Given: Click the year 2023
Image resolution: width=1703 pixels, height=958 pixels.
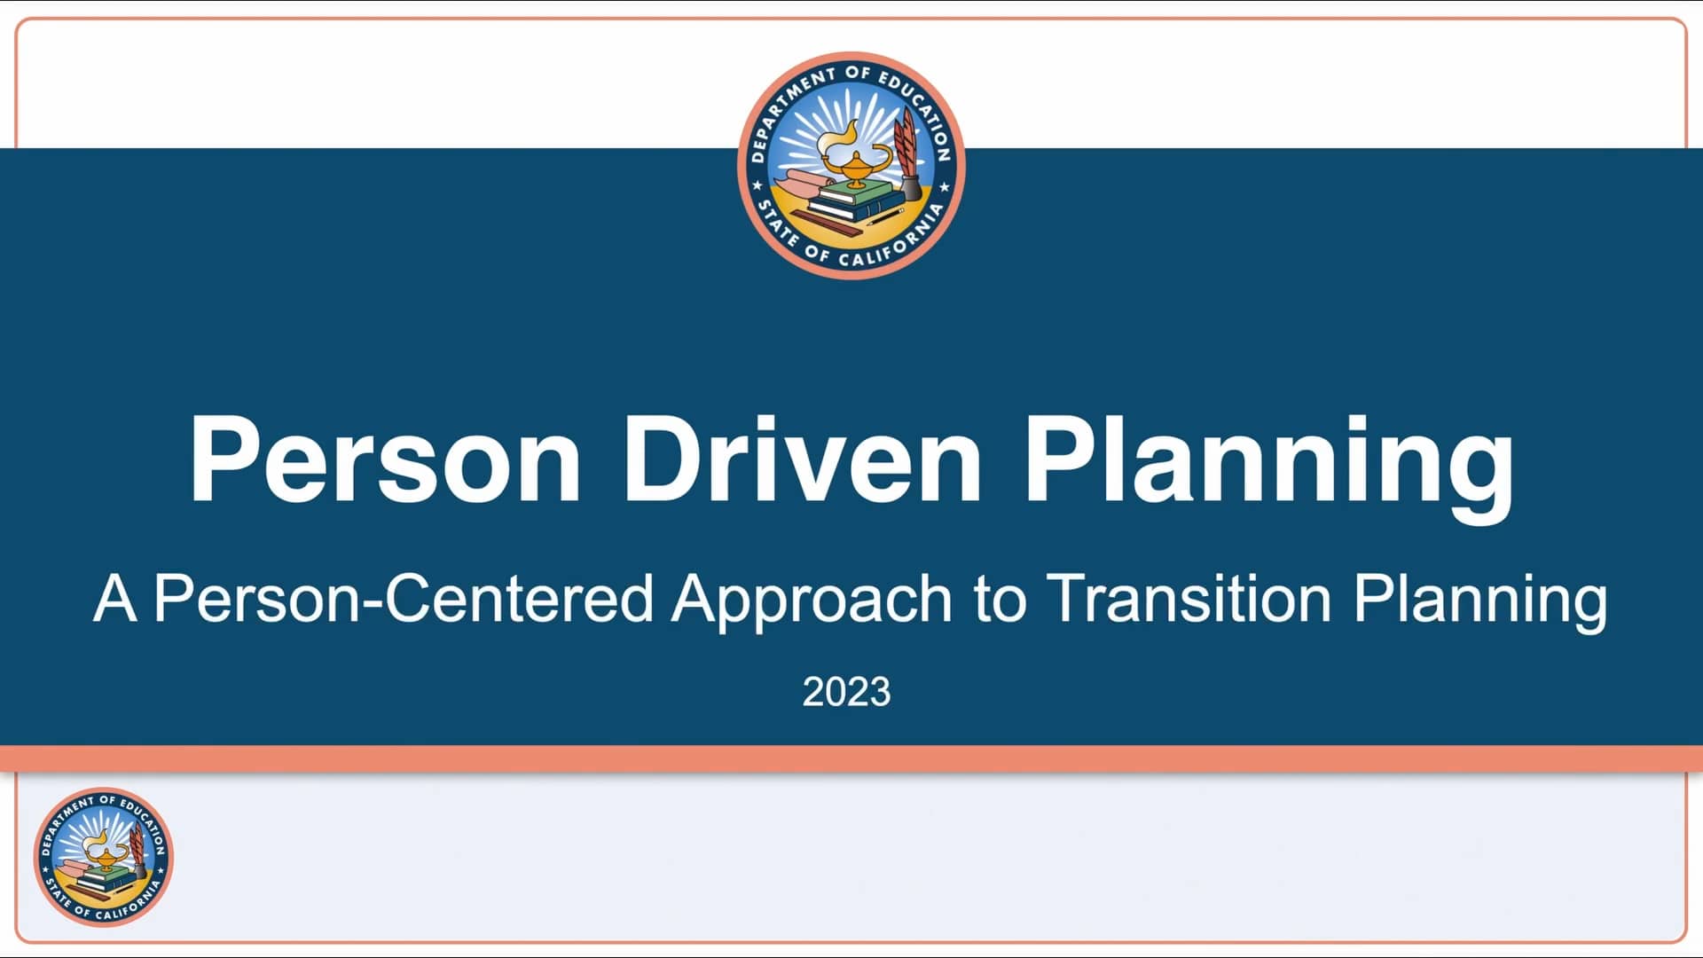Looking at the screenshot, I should pos(846,692).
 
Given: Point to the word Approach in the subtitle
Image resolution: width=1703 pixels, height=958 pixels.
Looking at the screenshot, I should pos(811,600).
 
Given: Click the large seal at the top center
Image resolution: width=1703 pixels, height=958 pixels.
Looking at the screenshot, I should pos(851,166).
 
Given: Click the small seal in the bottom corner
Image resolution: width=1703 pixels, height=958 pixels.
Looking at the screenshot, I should pos(104,857).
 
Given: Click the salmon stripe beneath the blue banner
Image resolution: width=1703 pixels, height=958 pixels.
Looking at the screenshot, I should pos(851,758).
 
